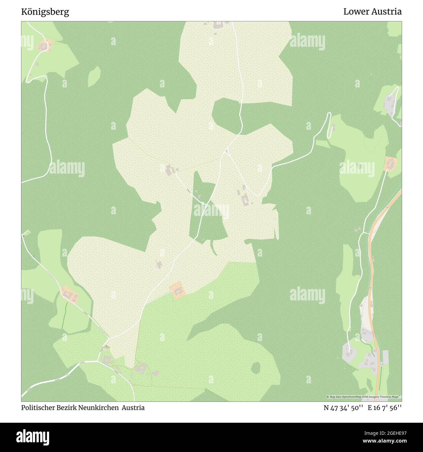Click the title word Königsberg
click(45, 12)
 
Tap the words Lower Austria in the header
click(372, 12)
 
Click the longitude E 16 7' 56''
click(385, 408)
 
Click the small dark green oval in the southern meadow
click(256, 367)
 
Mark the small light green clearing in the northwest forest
click(94, 76)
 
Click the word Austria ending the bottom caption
click(133, 408)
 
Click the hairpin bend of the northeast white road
click(329, 114)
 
